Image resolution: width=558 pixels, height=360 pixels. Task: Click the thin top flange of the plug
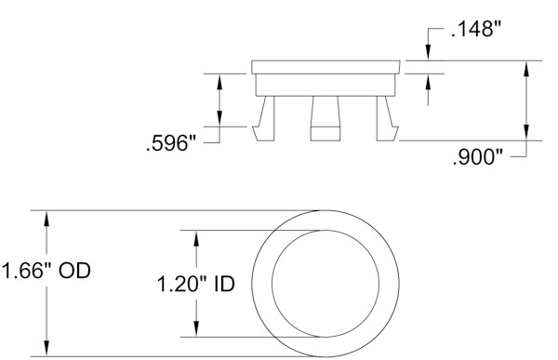coord(326,68)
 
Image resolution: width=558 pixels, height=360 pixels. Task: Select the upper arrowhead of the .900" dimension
coord(528,68)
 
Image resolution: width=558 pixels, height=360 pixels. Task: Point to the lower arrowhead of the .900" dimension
coord(528,134)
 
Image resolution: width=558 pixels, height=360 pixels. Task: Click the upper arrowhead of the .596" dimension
coord(219,81)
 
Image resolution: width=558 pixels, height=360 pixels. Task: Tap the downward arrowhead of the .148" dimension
coord(428,56)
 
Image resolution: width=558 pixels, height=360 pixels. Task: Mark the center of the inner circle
coord(325,283)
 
